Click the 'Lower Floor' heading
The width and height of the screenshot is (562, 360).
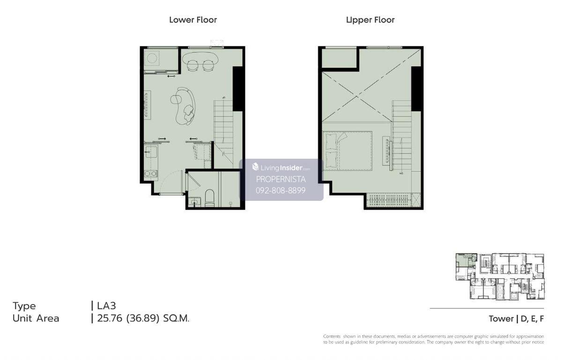point(193,20)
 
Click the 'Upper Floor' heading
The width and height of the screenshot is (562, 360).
point(370,20)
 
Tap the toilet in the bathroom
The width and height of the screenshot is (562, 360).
point(210,198)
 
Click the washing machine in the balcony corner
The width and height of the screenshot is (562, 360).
point(152,58)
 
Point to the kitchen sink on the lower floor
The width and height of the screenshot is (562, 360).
point(151,152)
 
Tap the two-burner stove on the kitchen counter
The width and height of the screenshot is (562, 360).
point(150,174)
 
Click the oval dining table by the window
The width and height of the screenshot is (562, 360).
point(200,58)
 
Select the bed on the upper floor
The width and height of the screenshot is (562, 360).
point(347,151)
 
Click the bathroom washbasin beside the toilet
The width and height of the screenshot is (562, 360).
point(194,202)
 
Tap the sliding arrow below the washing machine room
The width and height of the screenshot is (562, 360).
point(171,76)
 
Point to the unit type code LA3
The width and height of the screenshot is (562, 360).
point(106,306)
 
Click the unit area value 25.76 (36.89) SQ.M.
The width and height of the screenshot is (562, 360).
point(143,318)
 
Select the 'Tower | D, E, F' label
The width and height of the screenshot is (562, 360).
point(516,319)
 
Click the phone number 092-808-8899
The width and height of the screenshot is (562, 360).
point(281,191)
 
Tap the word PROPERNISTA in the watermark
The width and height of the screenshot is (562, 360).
point(281,179)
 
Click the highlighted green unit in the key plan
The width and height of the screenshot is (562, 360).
point(466,260)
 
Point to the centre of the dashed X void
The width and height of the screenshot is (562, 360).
point(357,96)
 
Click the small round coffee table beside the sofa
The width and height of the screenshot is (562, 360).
point(175,99)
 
